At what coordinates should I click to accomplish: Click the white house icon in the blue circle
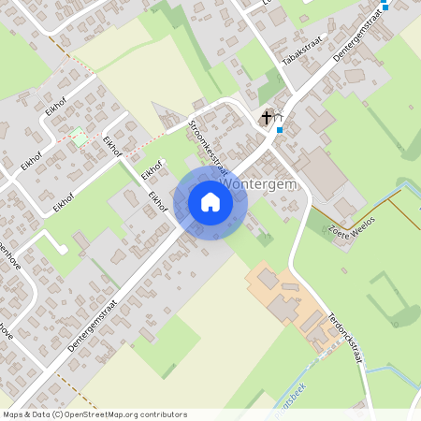coord(210,202)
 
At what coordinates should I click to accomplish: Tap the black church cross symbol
coord(267,117)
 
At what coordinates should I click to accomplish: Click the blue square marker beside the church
coord(279,130)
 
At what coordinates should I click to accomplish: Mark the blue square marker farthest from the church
coord(385,7)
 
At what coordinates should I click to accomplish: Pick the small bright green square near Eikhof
coord(79,137)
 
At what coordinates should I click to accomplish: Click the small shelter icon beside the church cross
coord(280,117)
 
